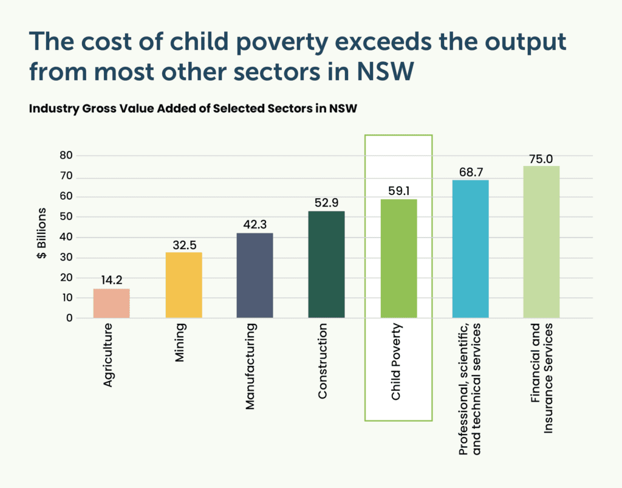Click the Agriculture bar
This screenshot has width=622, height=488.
(x=111, y=303)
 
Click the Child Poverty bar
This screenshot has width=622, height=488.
(x=398, y=258)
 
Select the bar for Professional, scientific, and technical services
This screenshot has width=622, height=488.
(x=470, y=249)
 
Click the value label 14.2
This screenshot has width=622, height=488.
(x=111, y=280)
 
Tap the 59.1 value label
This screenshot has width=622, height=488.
(x=398, y=190)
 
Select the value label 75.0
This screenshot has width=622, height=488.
(x=541, y=157)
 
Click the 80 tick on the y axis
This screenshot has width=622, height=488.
(x=66, y=156)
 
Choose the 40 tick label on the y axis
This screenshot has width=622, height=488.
(x=66, y=237)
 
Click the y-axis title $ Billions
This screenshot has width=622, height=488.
(x=42, y=236)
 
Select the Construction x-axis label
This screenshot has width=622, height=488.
(x=323, y=361)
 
